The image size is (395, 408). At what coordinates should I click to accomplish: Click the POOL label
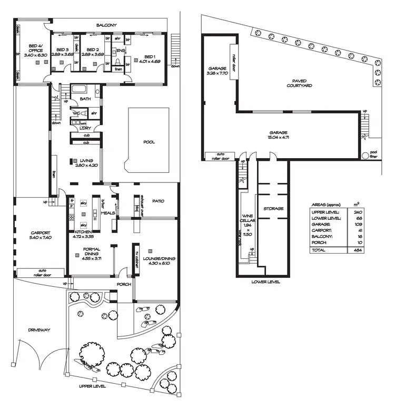click(149, 142)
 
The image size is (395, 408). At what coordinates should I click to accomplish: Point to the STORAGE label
click(273, 208)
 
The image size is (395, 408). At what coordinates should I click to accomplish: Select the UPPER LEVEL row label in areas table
click(325, 212)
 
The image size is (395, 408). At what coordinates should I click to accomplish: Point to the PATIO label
click(158, 201)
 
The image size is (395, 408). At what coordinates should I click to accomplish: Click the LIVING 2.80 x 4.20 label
click(87, 163)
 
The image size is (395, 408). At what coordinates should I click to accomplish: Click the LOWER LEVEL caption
click(266, 282)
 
